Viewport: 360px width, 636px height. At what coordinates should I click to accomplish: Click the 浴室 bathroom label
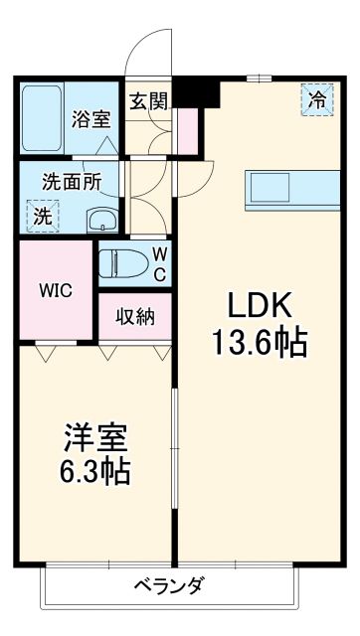click(90, 118)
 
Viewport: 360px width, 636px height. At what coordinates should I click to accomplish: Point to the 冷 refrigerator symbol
click(316, 98)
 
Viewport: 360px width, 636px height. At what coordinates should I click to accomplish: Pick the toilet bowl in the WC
click(125, 263)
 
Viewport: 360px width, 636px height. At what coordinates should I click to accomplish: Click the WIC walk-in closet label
click(56, 292)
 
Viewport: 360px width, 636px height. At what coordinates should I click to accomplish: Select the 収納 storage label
click(134, 318)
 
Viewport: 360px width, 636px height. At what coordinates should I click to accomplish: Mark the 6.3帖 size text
click(94, 470)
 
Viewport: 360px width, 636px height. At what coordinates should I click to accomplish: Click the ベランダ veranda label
click(169, 584)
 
